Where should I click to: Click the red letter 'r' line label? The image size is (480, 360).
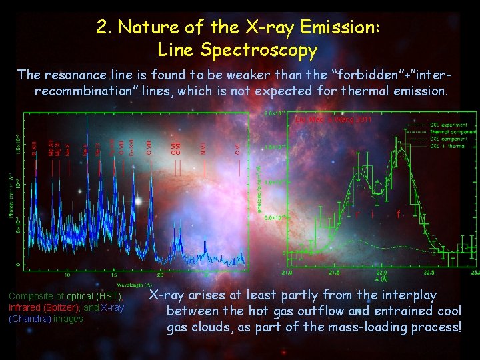(x=357, y=215)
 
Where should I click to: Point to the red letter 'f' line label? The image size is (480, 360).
(x=398, y=215)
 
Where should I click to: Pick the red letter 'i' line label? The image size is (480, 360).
(x=372, y=215)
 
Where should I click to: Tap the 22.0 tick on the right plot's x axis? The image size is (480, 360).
(x=381, y=273)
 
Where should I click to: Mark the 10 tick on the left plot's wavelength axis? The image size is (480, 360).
(x=67, y=275)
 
